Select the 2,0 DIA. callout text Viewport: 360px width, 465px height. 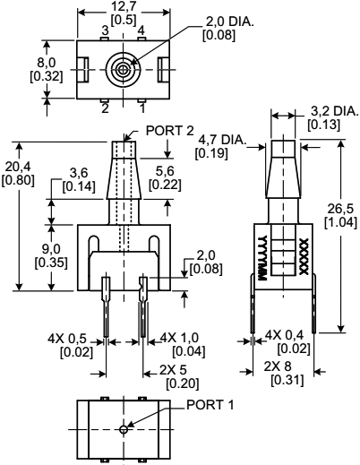(x=205, y=21)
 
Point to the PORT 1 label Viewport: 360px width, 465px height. (x=210, y=406)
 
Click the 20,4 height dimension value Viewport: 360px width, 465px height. (x=14, y=168)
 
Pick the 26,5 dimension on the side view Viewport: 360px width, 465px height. (x=343, y=208)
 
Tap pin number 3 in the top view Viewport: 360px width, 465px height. (x=105, y=30)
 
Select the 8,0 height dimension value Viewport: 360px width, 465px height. (x=16, y=62)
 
